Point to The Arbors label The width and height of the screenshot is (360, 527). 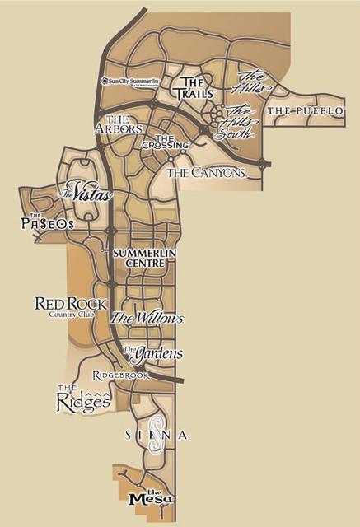pos(118,124)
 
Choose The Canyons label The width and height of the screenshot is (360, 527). pos(205,173)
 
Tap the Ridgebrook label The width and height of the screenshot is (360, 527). pos(120,375)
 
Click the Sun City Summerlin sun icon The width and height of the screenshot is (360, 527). pos(104,82)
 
